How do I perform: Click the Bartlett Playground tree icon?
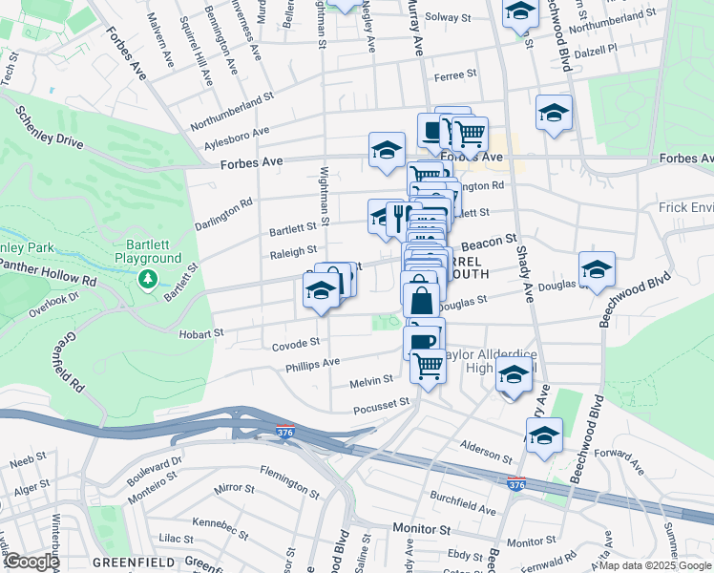click(x=147, y=279)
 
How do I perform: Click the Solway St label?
click(x=449, y=17)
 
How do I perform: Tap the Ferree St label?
click(x=454, y=74)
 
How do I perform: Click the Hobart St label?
click(x=200, y=334)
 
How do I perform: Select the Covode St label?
click(x=295, y=343)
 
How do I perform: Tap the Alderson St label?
click(x=487, y=448)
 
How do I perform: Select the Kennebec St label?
click(x=219, y=522)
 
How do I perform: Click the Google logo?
click(x=31, y=562)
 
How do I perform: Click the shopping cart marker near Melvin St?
click(x=428, y=364)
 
